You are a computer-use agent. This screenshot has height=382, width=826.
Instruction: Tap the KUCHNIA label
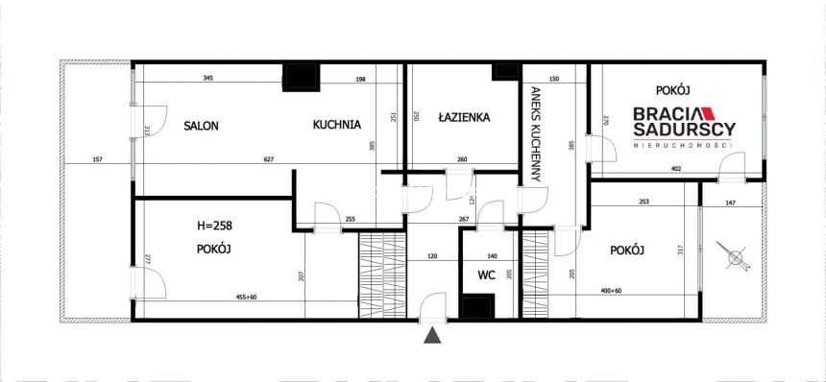point(336,124)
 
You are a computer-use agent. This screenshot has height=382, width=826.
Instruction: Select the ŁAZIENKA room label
point(463,118)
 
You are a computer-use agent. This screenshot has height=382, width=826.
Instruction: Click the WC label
point(486,275)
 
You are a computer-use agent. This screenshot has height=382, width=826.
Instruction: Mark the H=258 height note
point(214,227)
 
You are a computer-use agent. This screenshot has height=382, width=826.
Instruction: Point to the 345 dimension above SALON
point(206,78)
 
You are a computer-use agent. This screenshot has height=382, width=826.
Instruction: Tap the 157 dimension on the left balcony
point(98,159)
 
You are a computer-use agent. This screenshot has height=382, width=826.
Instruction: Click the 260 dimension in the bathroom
point(462,159)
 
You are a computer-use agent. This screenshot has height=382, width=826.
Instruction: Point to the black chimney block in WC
point(475,307)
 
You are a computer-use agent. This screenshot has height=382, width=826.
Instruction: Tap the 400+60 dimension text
point(636,291)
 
